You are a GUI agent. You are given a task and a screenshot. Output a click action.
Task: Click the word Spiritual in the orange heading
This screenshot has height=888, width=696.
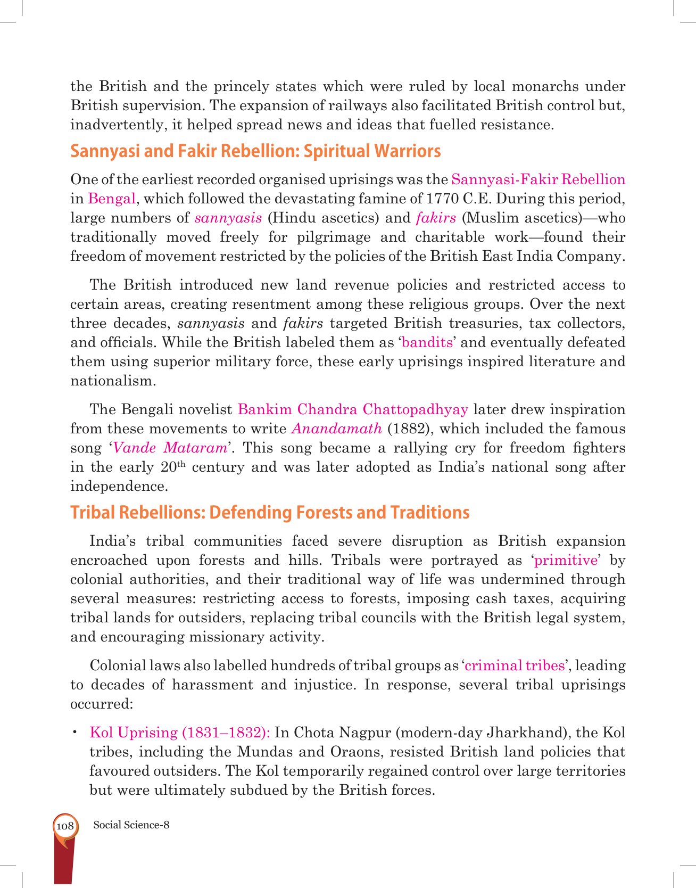pyautogui.click(x=337, y=152)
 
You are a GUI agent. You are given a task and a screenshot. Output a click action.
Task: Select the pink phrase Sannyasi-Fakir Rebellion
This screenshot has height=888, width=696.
pyautogui.click(x=538, y=179)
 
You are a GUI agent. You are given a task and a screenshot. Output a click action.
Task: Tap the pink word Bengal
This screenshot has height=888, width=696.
pyautogui.click(x=112, y=199)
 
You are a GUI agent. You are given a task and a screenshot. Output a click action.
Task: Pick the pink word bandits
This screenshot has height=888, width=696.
pyautogui.click(x=427, y=342)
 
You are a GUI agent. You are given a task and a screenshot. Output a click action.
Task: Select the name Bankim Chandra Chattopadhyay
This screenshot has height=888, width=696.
pyautogui.click(x=353, y=409)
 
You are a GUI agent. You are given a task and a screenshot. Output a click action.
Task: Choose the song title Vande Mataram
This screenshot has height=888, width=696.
pyautogui.click(x=170, y=448)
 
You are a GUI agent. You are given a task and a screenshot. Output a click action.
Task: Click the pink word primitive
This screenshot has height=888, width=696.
pyautogui.click(x=566, y=560)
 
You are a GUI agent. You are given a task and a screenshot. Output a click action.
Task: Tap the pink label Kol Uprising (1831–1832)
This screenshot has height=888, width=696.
pyautogui.click(x=180, y=733)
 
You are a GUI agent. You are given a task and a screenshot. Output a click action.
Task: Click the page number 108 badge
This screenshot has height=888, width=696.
pyautogui.click(x=65, y=826)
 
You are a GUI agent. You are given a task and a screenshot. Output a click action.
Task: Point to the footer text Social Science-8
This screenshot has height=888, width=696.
pyautogui.click(x=131, y=825)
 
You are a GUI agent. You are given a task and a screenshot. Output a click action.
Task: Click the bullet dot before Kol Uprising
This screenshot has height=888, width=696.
pyautogui.click(x=76, y=733)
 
